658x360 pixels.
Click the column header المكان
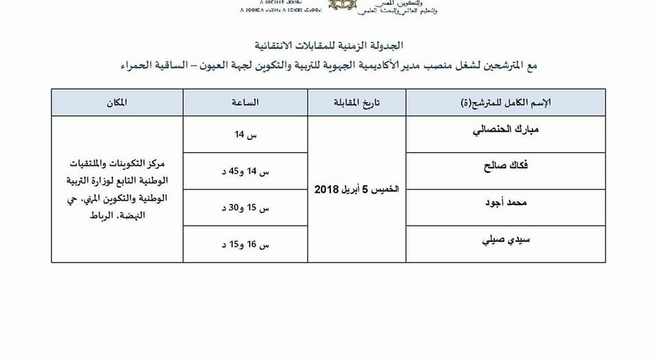pos(117,102)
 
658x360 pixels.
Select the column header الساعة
pos(245,102)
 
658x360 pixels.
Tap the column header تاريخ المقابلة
pos(356,102)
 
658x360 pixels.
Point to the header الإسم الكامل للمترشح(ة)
pos(507,102)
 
